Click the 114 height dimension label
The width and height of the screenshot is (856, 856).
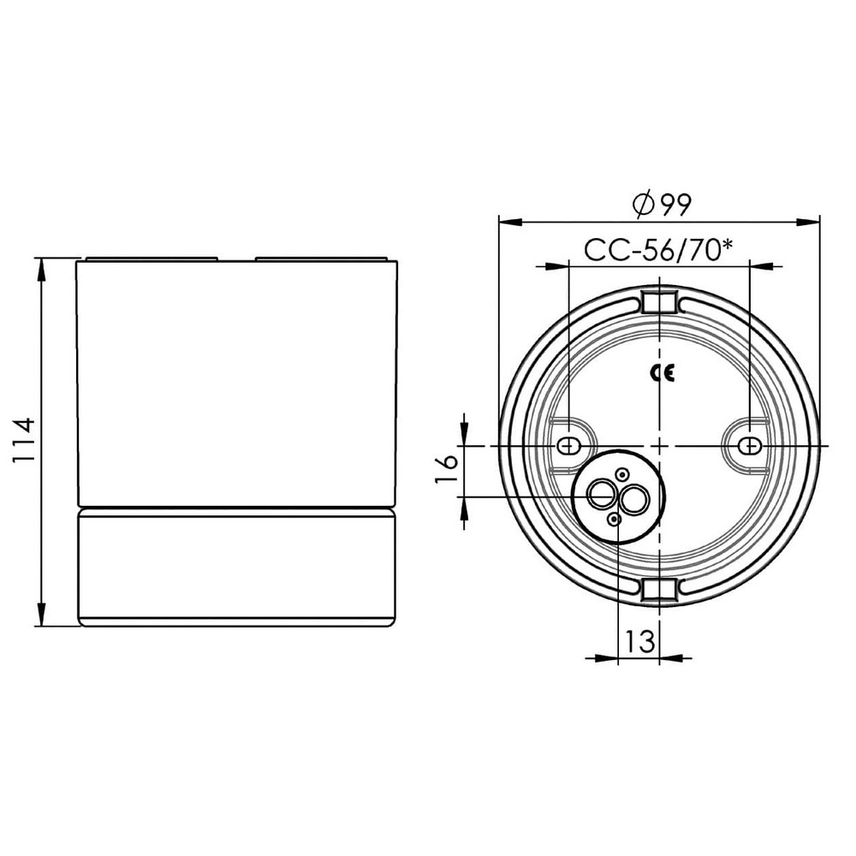23,441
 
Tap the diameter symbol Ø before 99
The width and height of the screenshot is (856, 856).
643,204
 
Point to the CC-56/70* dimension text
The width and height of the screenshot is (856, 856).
659,250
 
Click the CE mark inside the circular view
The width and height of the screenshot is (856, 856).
660,373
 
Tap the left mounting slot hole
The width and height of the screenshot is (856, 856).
567,446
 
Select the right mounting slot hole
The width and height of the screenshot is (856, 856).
749,446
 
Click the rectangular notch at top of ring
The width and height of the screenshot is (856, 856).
659,302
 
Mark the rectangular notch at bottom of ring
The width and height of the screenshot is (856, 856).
659,589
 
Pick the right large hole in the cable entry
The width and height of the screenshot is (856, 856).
633,500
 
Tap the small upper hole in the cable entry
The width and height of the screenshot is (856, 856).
623,473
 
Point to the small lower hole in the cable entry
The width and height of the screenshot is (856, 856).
614,519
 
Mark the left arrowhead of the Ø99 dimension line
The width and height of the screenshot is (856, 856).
509,222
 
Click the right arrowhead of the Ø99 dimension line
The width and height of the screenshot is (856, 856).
809,222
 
